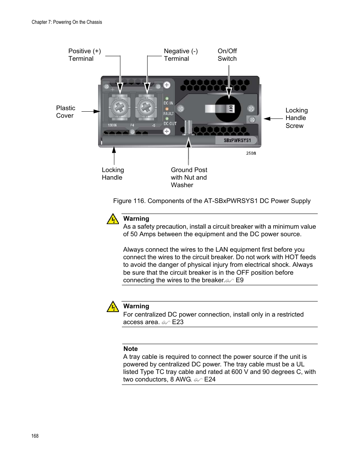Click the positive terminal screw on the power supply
(x=119, y=108)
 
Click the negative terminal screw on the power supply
(x=146, y=108)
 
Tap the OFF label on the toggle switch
(x=231, y=109)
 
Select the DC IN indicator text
(x=168, y=103)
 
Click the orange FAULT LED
(x=167, y=109)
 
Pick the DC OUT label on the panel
(x=170, y=123)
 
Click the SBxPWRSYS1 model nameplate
(x=237, y=140)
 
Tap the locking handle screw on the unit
(x=252, y=120)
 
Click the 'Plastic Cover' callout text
(x=65, y=112)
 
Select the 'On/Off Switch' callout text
(x=227, y=55)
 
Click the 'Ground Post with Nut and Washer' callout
(x=189, y=177)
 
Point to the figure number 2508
(x=251, y=153)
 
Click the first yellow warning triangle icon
(x=113, y=219)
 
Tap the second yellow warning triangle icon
(x=113, y=306)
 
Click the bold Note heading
(x=131, y=349)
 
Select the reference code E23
(x=178, y=322)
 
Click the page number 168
(x=35, y=436)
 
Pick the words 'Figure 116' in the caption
(x=129, y=201)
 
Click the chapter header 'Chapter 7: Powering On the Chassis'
(x=67, y=22)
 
